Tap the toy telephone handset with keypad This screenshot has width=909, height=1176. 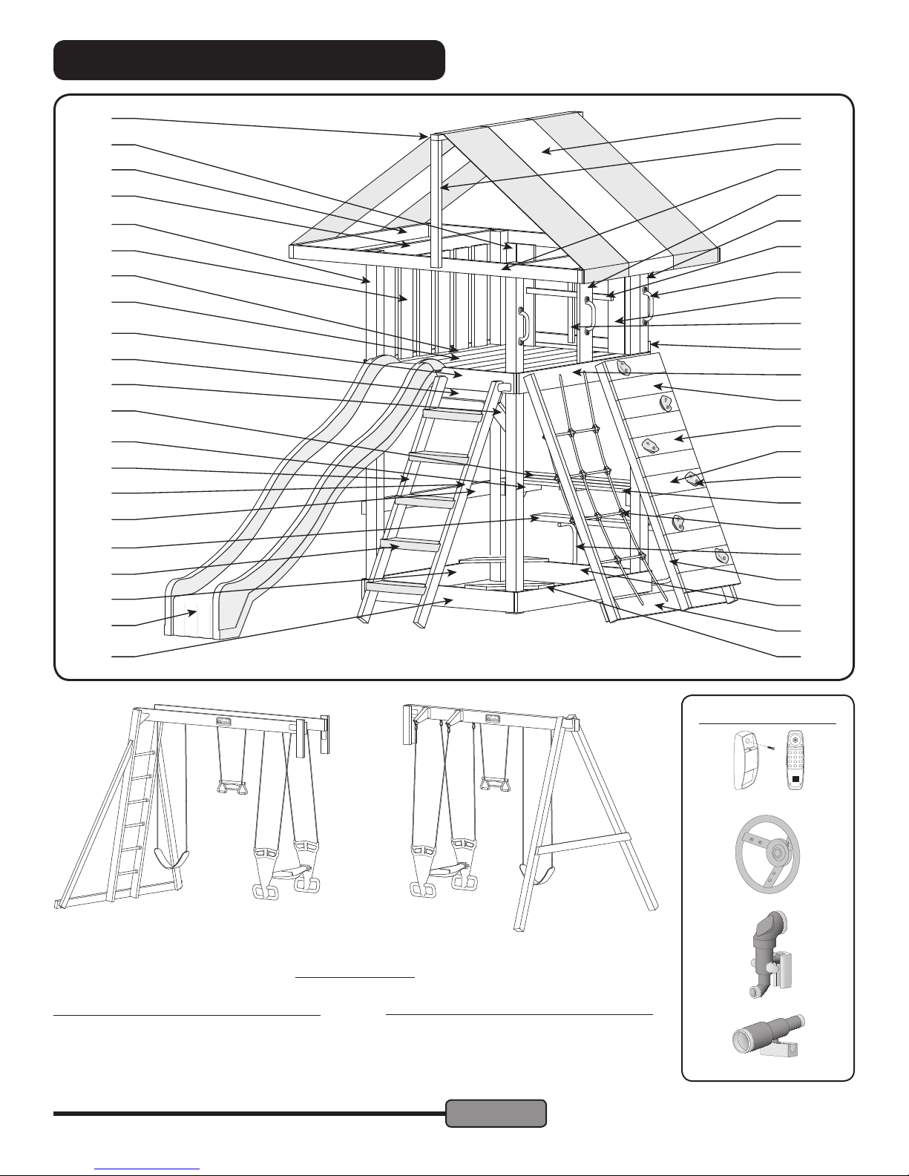click(796, 761)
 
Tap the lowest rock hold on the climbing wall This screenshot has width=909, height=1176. click(720, 555)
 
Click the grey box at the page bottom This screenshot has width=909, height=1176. click(496, 1113)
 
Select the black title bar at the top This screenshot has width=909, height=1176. click(249, 60)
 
